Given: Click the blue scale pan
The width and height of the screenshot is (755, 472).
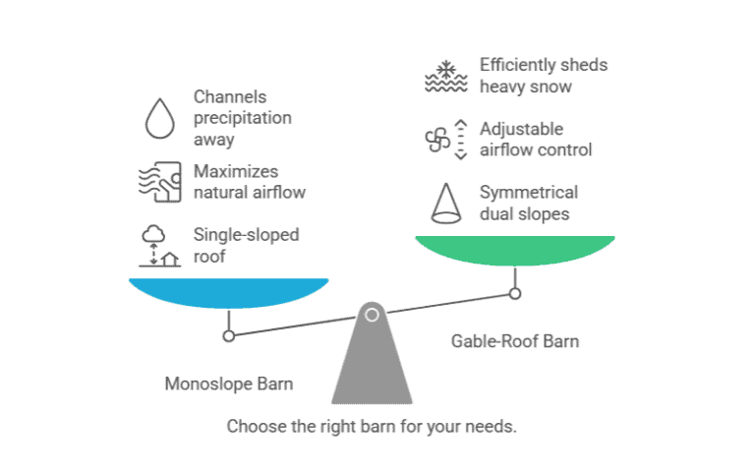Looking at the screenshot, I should click(228, 292).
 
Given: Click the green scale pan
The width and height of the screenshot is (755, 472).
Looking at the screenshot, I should click(514, 250).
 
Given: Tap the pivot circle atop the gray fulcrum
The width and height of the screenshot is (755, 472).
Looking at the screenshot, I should click(372, 316).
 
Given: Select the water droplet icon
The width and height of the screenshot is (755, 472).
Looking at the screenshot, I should click(158, 118).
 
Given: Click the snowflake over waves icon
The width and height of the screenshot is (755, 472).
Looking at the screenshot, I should click(445, 76).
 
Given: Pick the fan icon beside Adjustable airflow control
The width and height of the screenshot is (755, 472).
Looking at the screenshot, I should click(437, 140).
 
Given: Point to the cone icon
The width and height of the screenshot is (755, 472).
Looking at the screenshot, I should click(445, 202).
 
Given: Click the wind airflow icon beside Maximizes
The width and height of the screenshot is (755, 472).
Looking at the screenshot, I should click(158, 181).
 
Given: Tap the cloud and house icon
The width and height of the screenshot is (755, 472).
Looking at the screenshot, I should click(158, 247).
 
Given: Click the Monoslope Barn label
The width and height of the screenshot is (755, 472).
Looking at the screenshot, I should click(228, 383).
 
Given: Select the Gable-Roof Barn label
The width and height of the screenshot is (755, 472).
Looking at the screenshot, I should click(514, 342).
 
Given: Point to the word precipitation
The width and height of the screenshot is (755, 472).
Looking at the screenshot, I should click(242, 118).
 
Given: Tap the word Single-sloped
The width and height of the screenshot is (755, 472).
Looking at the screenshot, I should click(246, 235).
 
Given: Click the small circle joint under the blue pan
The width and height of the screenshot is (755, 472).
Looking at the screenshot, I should click(228, 335).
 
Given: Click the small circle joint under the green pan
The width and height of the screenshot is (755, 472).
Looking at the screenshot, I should click(514, 293).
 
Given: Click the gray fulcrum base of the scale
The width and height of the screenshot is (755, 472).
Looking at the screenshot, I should click(371, 369).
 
